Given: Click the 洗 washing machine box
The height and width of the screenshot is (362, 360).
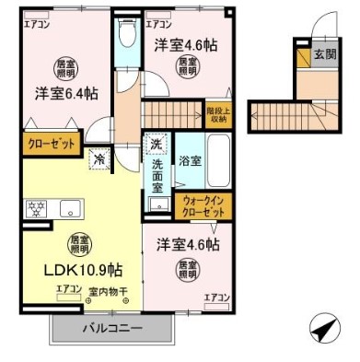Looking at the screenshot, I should click(x=156, y=144).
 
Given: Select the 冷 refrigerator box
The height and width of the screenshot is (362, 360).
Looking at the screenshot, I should click(x=99, y=159).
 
